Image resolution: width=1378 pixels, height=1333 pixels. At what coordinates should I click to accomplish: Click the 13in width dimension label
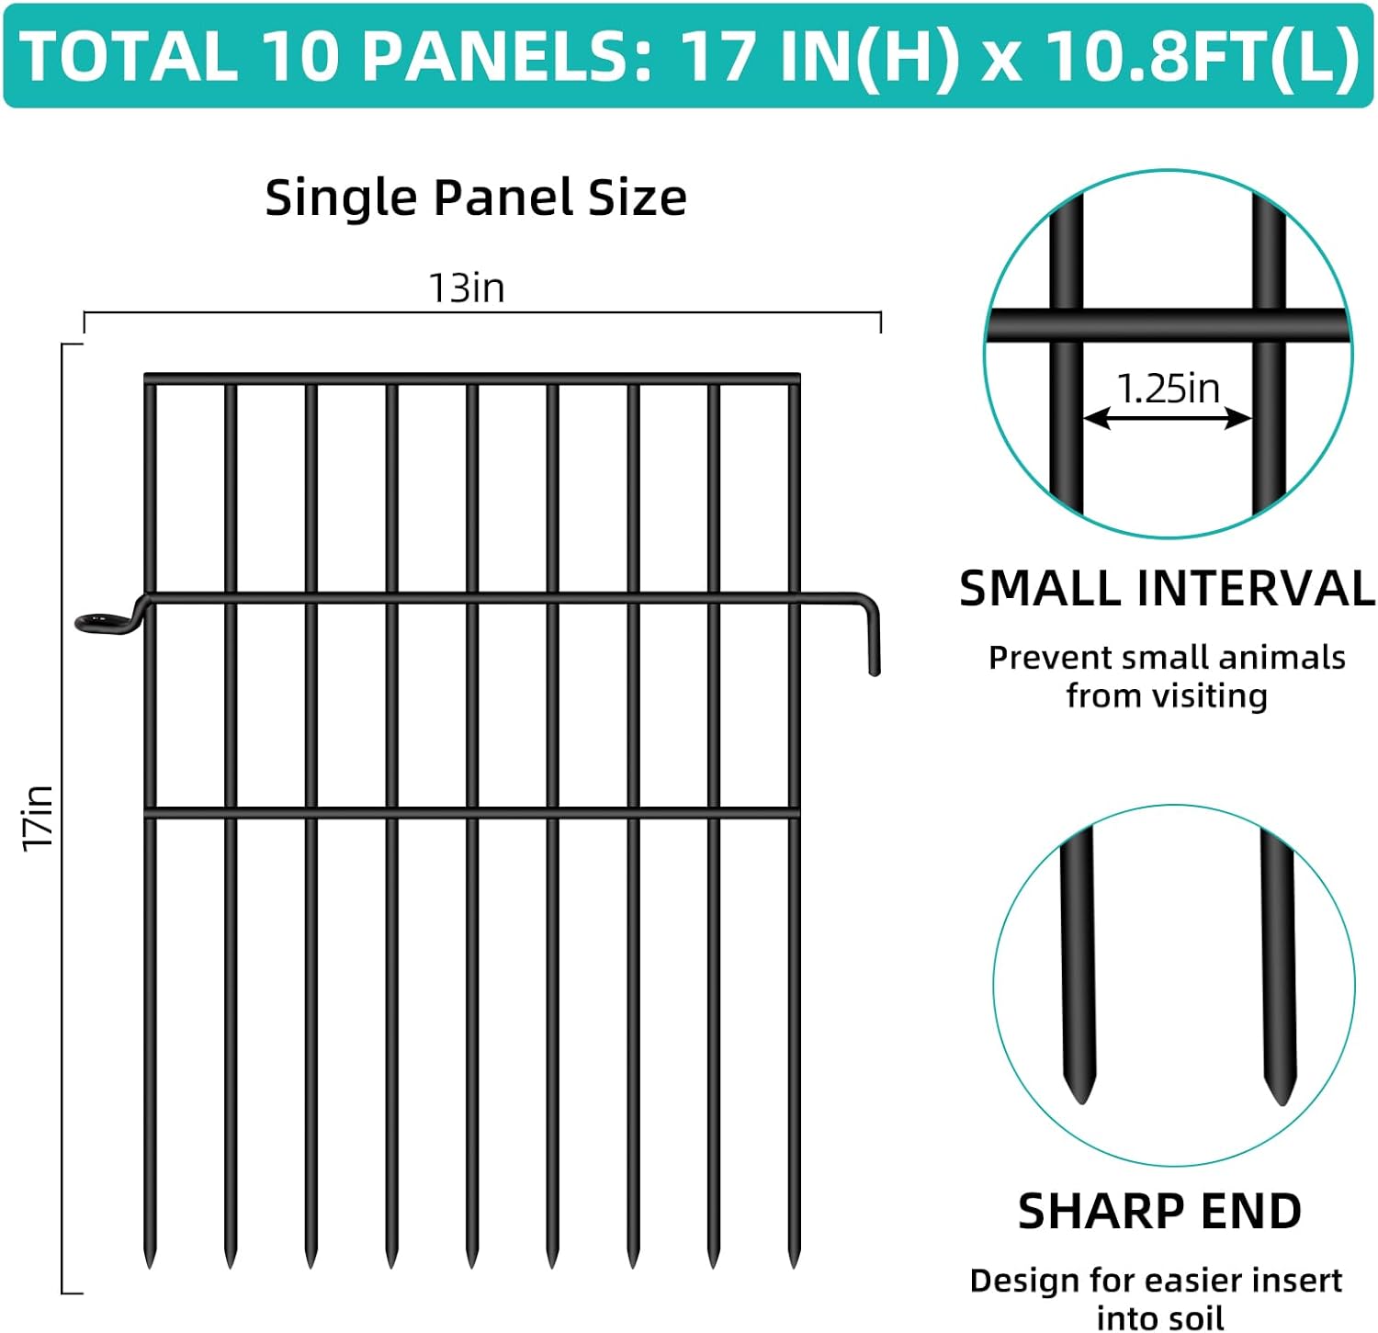tap(467, 288)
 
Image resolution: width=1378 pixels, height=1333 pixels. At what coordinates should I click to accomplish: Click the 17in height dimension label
tap(39, 818)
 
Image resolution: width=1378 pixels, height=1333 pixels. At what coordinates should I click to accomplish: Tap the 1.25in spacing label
tap(1168, 389)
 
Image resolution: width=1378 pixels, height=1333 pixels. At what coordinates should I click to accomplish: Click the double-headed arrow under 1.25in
tap(1167, 419)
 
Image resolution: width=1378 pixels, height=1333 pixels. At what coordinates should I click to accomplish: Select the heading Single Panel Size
tap(475, 198)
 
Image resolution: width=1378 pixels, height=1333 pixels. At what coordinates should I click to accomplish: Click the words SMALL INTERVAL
tap(1167, 589)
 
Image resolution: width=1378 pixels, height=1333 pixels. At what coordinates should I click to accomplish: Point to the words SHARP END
tap(1159, 1211)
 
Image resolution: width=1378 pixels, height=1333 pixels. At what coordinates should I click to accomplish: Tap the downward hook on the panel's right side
tap(874, 643)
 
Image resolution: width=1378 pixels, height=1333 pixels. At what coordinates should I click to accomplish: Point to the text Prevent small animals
tap(1167, 658)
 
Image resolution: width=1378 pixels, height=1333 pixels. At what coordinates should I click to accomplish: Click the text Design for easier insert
tap(1156, 1280)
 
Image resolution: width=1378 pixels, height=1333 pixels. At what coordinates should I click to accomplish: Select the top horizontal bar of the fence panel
tap(472, 378)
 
